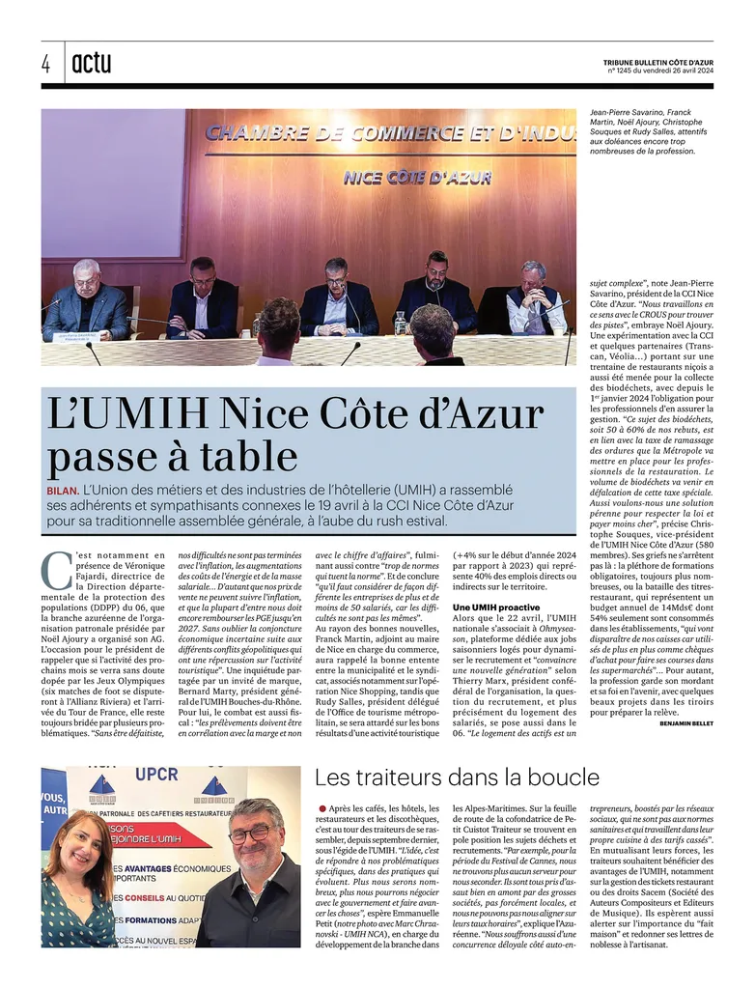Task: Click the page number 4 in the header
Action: (x=46, y=64)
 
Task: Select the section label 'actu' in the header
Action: (x=92, y=64)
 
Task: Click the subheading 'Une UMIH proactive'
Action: (x=496, y=607)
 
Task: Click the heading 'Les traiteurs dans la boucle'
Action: (x=457, y=777)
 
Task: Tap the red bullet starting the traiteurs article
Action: (x=322, y=807)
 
